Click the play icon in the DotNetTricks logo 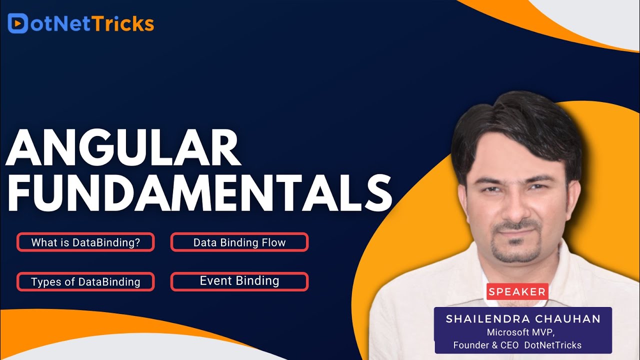(x=17, y=23)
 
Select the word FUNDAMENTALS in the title (x=198, y=194)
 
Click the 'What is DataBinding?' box (x=85, y=242)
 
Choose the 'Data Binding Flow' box (x=239, y=242)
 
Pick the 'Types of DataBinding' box (x=85, y=281)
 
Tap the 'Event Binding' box (x=239, y=281)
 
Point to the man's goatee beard (x=515, y=250)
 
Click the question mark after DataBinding (x=137, y=242)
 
